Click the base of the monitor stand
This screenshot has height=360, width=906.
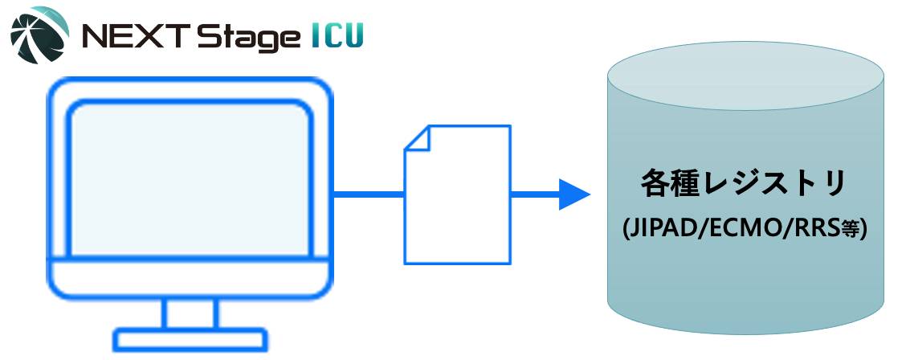190,338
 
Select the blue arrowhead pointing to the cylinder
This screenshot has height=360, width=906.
575,194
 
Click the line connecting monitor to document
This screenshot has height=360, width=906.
367,194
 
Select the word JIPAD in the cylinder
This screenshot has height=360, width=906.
660,229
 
